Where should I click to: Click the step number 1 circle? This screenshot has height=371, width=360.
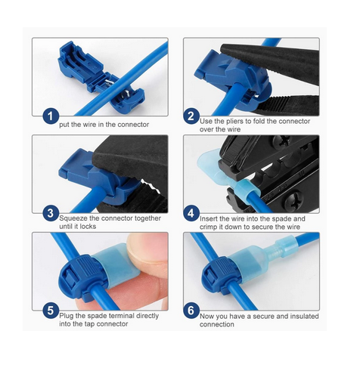[51, 116]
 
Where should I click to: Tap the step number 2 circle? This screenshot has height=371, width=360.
[191, 116]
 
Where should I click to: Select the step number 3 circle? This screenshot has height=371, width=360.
[51, 213]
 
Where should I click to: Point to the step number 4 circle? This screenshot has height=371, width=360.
[191, 213]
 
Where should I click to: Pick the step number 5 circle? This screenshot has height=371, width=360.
[51, 311]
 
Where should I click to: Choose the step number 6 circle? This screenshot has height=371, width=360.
[191, 311]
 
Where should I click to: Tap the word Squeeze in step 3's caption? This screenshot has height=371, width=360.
[73, 218]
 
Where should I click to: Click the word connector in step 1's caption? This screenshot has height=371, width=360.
[133, 125]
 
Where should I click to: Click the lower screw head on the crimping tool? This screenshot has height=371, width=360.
[294, 200]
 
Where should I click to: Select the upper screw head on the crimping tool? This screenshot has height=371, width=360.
[281, 141]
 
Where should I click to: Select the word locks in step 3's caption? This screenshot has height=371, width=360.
[88, 227]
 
